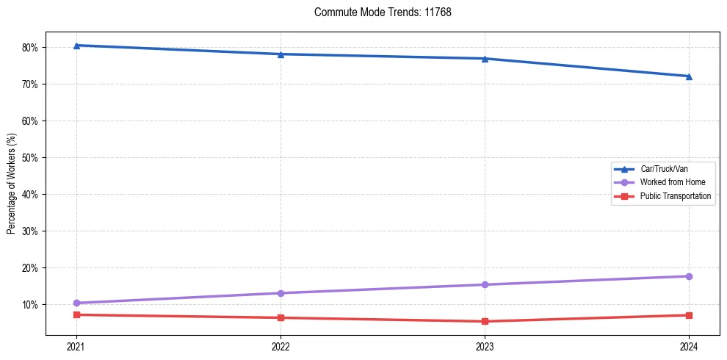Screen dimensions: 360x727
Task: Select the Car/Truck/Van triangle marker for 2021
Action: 76,46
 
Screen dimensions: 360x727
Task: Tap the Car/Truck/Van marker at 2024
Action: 689,76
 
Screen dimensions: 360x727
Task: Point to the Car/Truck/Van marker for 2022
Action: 281,54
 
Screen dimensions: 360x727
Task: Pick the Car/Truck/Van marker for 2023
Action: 485,59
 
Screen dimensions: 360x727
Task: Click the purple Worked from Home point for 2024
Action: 689,276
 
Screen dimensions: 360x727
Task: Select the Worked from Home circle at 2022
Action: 281,293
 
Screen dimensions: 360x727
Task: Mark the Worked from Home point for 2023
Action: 485,284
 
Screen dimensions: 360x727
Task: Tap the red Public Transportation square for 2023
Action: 485,321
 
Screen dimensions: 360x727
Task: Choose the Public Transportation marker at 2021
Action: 76,314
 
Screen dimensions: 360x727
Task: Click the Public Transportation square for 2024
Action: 689,315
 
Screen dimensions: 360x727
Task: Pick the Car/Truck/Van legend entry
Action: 664,169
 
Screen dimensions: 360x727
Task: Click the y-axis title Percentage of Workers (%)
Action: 12,184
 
